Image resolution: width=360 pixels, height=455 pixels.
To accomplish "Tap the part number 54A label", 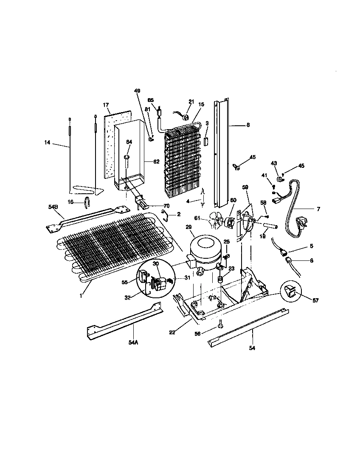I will coord(133,342).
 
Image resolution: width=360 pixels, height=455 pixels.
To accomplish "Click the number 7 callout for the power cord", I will coord(318,209).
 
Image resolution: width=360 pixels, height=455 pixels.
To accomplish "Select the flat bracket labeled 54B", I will coord(87,216).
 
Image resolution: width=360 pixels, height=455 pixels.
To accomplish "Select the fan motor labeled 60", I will coord(230,222).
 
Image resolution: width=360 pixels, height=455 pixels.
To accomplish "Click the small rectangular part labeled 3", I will coord(206,141).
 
